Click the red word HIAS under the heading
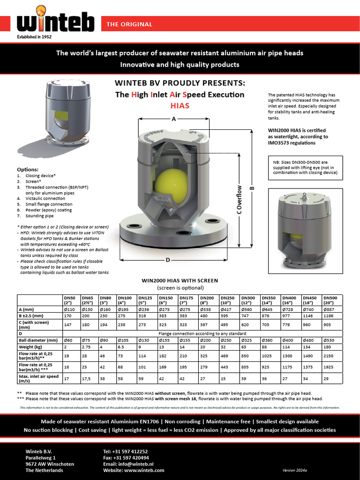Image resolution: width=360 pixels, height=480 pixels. coord(180,105)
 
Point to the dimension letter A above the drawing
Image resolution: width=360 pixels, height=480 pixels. coord(173,119)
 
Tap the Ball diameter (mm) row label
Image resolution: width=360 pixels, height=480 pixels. coord(38,340)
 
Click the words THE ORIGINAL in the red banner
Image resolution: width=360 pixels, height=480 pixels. coord(129,24)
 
